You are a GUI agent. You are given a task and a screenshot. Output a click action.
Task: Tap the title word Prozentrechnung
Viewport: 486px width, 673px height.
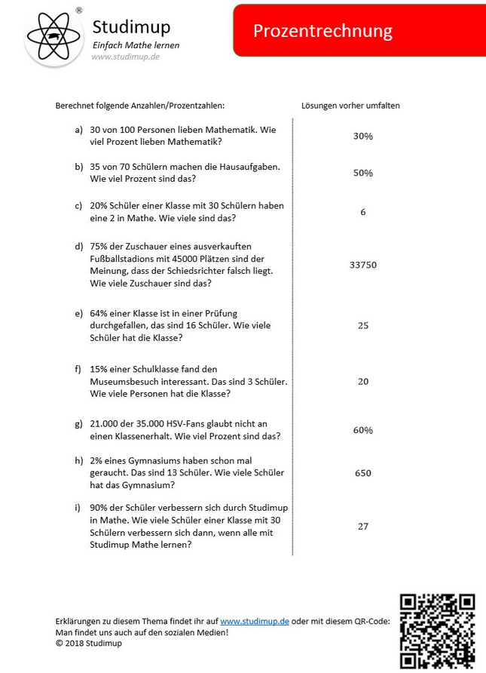pyautogui.click(x=322, y=31)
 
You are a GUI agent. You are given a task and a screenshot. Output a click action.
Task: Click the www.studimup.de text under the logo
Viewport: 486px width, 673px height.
pyautogui.click(x=125, y=57)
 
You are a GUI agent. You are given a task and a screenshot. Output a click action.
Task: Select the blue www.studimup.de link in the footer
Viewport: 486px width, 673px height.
pyautogui.click(x=255, y=621)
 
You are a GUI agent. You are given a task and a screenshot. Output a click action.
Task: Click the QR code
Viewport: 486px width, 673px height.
pyautogui.click(x=437, y=631)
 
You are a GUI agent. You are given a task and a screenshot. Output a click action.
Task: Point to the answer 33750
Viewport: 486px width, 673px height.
pyautogui.click(x=363, y=265)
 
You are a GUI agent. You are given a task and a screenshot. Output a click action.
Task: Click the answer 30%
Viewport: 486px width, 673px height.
pyautogui.click(x=363, y=137)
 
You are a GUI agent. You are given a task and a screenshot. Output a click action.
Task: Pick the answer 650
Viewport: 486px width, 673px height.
pyautogui.click(x=363, y=473)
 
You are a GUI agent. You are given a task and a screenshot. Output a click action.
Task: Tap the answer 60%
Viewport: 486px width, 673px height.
pyautogui.click(x=363, y=430)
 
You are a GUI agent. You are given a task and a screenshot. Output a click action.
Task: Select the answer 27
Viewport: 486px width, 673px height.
pyautogui.click(x=363, y=526)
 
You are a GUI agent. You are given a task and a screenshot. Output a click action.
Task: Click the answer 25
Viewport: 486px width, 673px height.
pyautogui.click(x=363, y=325)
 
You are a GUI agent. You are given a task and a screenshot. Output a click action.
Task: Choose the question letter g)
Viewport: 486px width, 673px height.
pyautogui.click(x=79, y=423)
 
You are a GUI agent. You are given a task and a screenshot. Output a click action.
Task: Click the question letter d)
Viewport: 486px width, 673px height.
pyautogui.click(x=79, y=247)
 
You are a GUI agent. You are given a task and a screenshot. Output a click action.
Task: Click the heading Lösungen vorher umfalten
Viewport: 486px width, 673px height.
pyautogui.click(x=350, y=106)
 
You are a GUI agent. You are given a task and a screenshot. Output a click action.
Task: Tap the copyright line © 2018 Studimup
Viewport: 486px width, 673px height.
pyautogui.click(x=89, y=643)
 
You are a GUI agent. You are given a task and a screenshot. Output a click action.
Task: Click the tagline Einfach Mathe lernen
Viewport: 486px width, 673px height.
pyautogui.click(x=136, y=45)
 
